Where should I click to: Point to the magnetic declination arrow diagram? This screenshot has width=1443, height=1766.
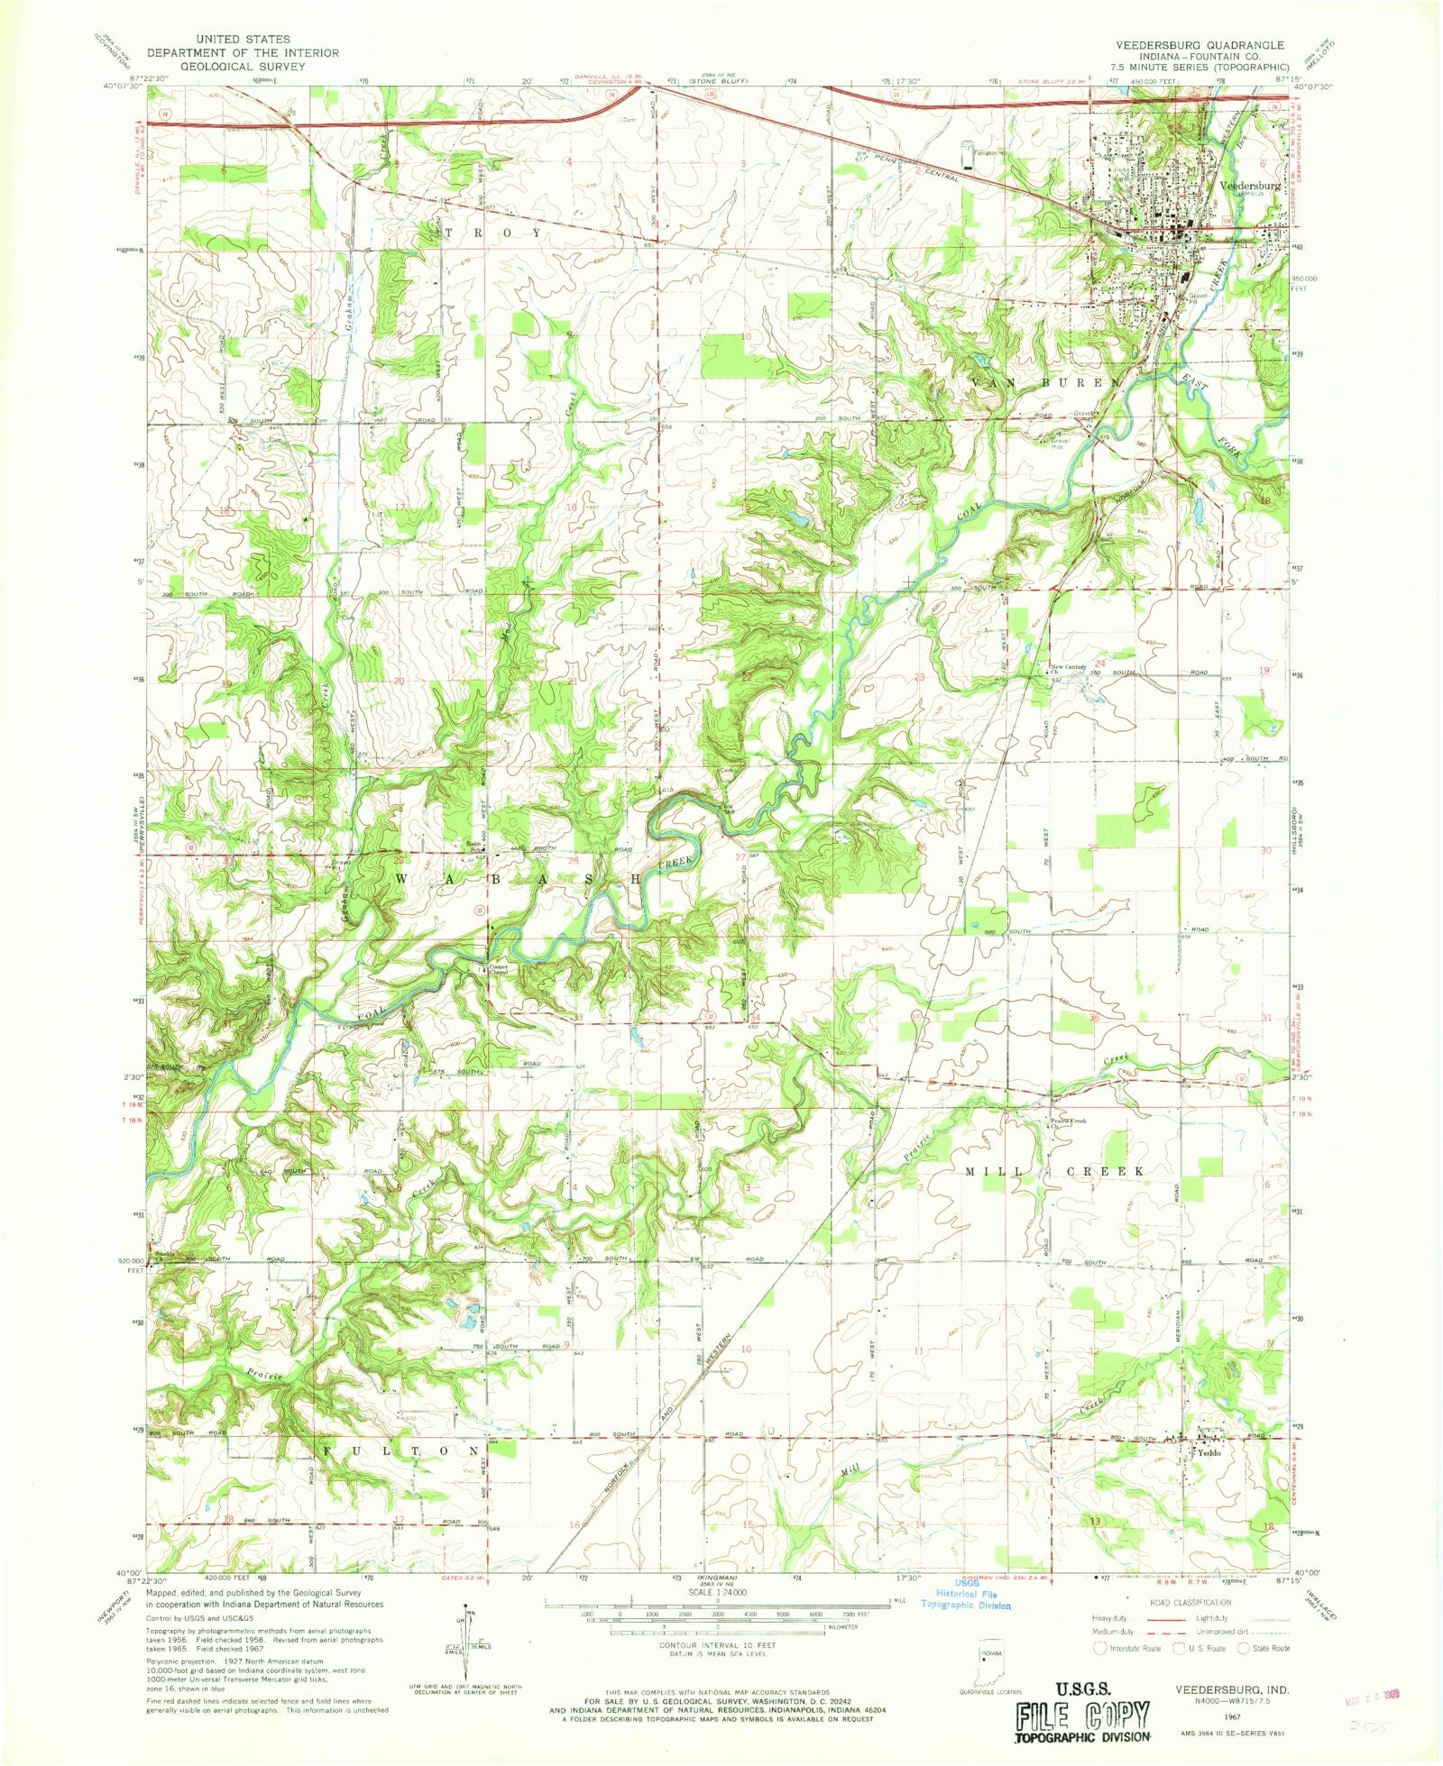click(468, 1633)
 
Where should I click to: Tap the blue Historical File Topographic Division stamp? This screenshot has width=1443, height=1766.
click(965, 1597)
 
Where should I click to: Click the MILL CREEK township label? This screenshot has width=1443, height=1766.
click(1055, 1171)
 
